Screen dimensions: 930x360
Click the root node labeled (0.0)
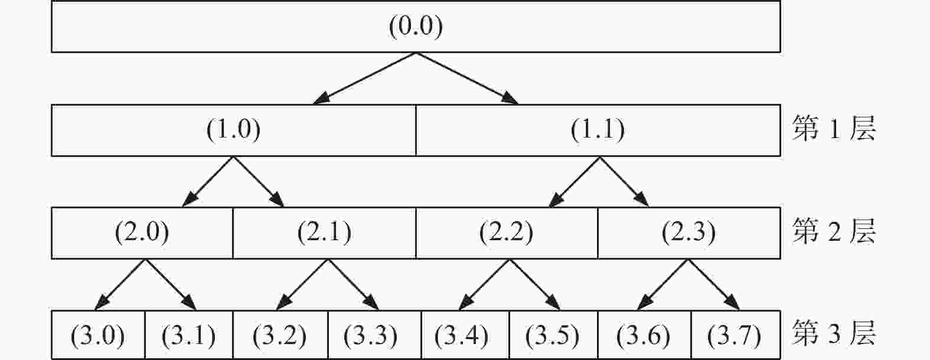[x=416, y=27]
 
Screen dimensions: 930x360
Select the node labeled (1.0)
[x=233, y=130]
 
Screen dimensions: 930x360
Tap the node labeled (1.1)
[x=598, y=130]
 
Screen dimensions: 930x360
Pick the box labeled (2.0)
[x=142, y=233]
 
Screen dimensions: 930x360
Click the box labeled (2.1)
[x=324, y=233]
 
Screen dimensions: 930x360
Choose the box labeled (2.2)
[x=507, y=233]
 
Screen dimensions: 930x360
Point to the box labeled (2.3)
[x=689, y=233]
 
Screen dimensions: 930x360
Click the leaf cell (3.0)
[x=98, y=335]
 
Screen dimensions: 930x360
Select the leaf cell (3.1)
[x=189, y=335]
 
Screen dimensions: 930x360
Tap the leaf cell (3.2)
[x=280, y=335]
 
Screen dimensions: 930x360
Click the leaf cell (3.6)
[x=644, y=335]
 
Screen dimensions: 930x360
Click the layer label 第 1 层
[x=834, y=129]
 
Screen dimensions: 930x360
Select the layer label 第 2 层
[x=834, y=231]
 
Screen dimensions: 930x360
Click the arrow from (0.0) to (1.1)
[x=467, y=78]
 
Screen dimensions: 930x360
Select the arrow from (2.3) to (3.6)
[x=663, y=285]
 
